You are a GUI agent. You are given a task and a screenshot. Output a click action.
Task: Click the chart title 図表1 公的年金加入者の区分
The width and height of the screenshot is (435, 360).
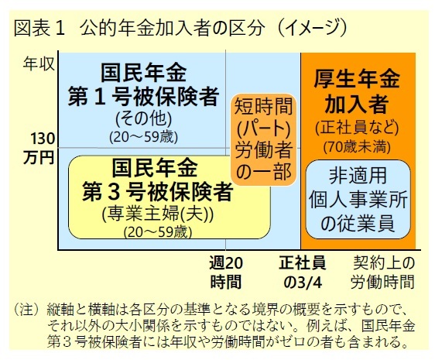138,28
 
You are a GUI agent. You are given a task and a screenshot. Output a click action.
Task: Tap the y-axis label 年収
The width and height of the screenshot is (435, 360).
39,63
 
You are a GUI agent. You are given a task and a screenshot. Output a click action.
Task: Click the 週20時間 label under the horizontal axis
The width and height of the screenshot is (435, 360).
226,273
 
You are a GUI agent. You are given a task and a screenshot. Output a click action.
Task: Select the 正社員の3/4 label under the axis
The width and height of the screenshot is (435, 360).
303,273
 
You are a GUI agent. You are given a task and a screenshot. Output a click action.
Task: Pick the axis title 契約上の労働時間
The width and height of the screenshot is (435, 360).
383,273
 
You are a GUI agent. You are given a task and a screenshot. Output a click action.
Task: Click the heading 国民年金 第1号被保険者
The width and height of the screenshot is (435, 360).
143,84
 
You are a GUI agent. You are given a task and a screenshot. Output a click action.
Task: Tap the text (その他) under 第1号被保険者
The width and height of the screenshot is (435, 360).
143,118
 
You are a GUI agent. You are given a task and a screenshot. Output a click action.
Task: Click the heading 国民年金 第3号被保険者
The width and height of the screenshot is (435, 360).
157,180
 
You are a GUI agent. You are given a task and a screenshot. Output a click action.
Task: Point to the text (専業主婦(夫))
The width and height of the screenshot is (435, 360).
158,214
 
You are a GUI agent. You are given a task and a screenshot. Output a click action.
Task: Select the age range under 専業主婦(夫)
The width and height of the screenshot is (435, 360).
158,232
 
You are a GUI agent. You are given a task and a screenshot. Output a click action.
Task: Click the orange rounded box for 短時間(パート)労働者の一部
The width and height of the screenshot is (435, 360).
263,139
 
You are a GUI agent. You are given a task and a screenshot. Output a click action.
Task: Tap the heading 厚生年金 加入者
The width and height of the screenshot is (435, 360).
357,91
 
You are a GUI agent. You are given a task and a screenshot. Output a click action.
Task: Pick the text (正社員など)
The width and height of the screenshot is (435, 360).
357,128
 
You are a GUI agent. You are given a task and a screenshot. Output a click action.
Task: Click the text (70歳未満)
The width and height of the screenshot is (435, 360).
357,147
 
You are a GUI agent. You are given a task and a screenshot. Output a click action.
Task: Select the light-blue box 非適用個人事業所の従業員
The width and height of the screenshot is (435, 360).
358,199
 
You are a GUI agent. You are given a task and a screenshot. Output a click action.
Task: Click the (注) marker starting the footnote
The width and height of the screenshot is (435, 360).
26,309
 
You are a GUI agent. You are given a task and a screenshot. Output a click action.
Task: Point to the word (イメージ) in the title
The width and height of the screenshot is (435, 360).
313,28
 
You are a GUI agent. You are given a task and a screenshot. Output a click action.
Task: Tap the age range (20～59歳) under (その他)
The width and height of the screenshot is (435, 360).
143,137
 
